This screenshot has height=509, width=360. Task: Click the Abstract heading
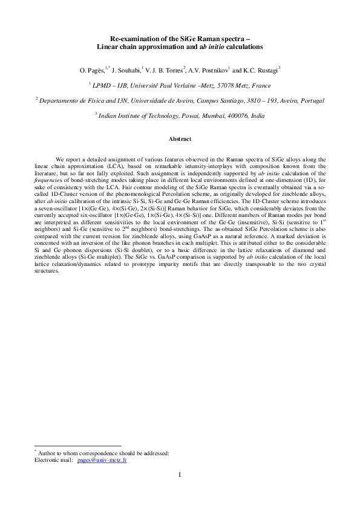coord(180,140)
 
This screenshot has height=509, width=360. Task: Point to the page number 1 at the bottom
coord(180,475)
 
